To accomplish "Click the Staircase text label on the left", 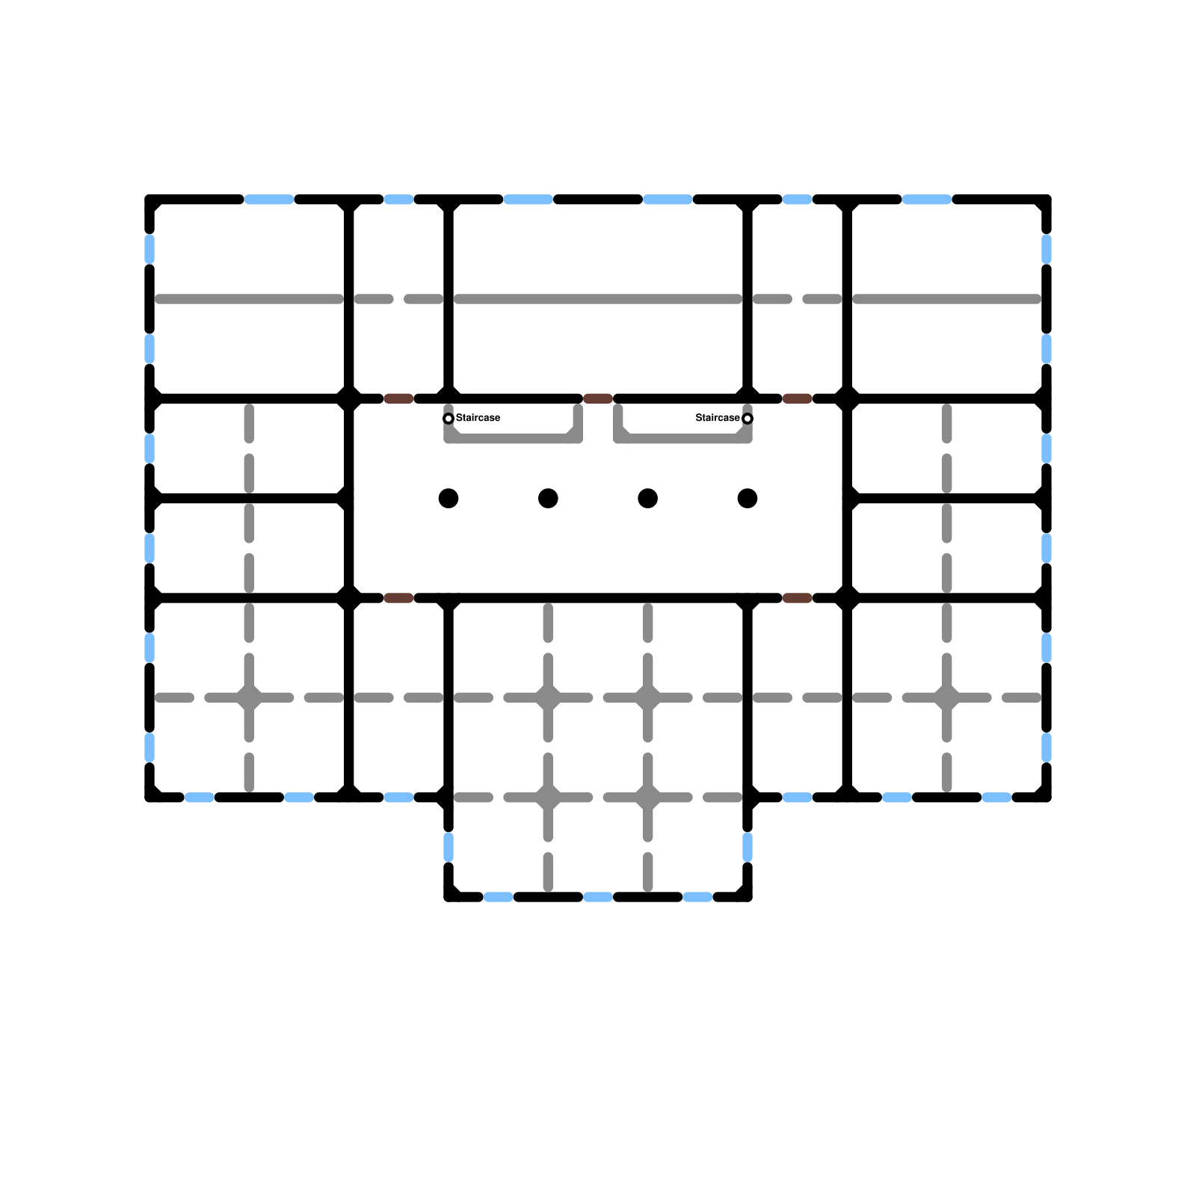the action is pos(478,418).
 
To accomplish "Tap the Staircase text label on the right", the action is pos(718,418).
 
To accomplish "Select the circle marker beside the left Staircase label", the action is pos(449,419).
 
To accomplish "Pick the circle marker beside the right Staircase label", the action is pos(747,419).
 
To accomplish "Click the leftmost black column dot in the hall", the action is pos(449,498).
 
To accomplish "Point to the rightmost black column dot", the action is pos(747,498).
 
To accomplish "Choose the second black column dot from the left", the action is pos(548,498).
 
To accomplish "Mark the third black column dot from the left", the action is pos(648,498).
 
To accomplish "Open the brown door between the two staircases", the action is pos(598,398).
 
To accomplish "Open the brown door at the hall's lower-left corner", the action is pos(398,598).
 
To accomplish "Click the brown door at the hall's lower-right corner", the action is pos(798,598).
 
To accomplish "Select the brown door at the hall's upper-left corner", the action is pos(398,398).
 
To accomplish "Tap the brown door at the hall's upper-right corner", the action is pos(798,398).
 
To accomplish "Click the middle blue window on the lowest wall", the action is pos(598,897).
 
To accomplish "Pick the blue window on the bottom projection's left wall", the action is pos(449,847).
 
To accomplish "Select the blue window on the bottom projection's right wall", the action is pos(747,847).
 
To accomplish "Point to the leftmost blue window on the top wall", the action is pos(269,200).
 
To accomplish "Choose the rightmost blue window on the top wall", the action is pos(927,200).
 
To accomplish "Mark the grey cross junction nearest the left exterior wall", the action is pos(249,697).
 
